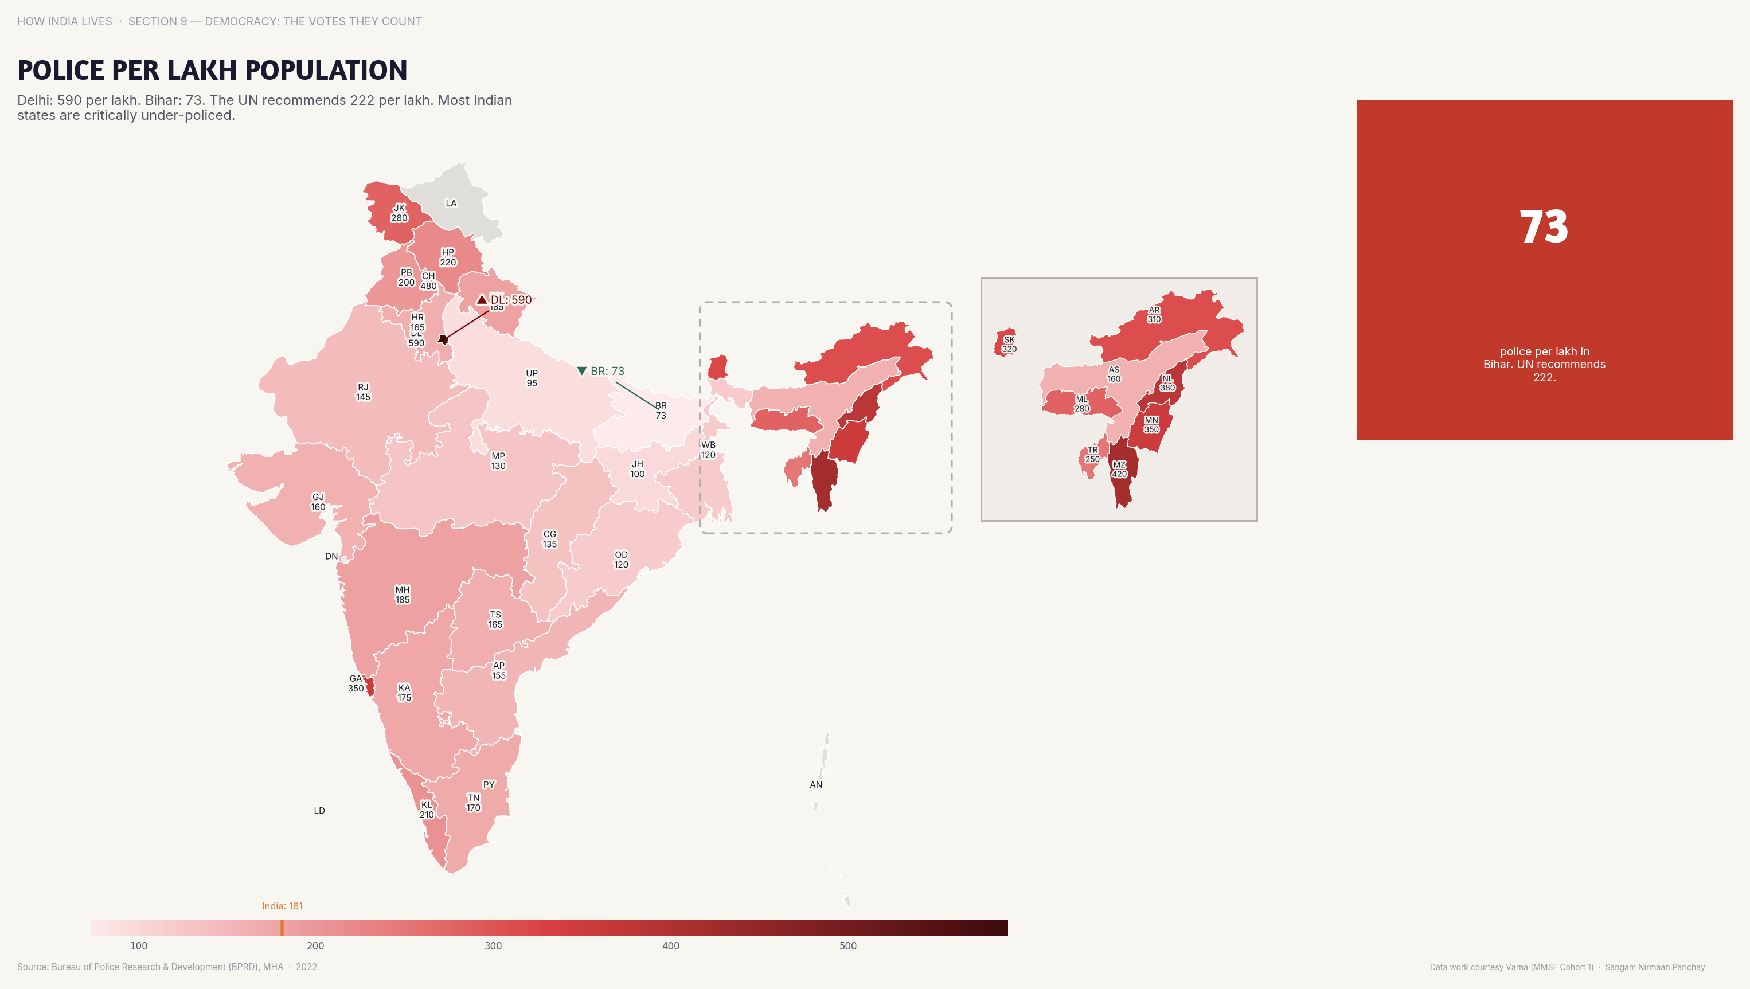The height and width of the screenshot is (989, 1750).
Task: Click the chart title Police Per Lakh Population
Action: (x=212, y=70)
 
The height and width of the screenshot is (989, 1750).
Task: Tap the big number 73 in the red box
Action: (x=1544, y=227)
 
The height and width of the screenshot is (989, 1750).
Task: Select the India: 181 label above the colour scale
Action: (x=282, y=905)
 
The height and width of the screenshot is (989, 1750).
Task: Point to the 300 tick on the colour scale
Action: (x=493, y=945)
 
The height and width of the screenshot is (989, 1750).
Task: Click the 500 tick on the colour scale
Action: (x=848, y=945)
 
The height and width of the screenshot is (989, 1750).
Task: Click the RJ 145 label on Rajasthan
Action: (x=364, y=392)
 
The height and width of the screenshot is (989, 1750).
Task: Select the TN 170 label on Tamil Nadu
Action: (x=474, y=802)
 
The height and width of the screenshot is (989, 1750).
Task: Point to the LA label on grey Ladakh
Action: (x=451, y=203)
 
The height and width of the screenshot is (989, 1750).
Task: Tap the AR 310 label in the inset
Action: (x=1154, y=315)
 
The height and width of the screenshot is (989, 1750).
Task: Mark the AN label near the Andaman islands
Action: (x=816, y=784)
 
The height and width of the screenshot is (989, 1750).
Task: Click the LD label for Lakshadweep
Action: (x=319, y=810)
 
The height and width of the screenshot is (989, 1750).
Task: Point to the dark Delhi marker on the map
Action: (x=443, y=339)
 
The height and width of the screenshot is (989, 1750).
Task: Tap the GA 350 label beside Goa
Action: (x=356, y=683)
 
